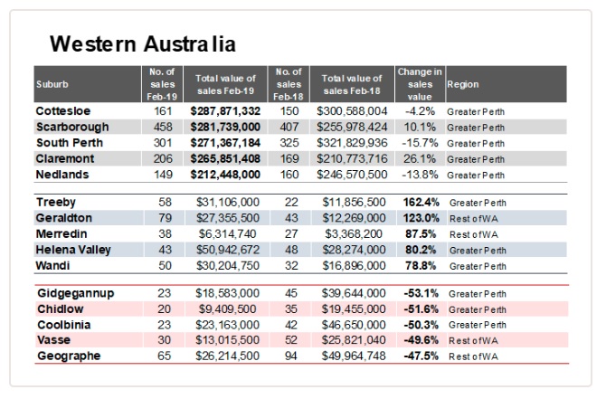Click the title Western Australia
point(143,43)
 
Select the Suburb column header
point(52,84)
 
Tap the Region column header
point(462,84)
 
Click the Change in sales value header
point(420,84)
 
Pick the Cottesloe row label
point(63,111)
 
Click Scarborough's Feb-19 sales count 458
point(163,127)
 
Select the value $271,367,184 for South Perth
point(225,143)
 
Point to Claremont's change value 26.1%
point(420,158)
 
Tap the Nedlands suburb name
point(62,175)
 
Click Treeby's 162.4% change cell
point(421,202)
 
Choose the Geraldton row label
point(64,218)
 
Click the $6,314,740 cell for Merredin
point(227,233)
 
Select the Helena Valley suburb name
point(73,250)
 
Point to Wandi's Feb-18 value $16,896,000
point(354,266)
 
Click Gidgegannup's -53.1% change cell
point(421,293)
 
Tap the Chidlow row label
point(61,309)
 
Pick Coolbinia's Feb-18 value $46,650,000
point(354,325)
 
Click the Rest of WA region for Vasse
point(473,340)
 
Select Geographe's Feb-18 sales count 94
point(290,356)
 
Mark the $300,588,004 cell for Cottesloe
point(352,111)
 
